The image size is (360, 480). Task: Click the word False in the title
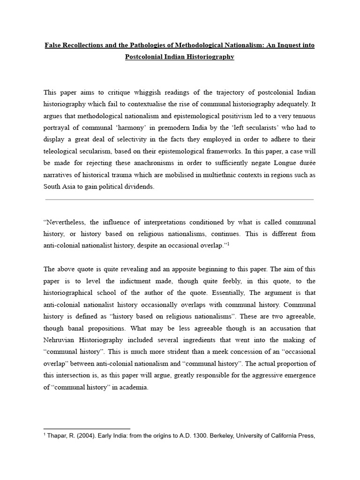pos(54,45)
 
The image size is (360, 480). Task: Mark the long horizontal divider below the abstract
pos(180,200)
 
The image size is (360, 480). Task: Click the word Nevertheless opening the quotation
pos(66,221)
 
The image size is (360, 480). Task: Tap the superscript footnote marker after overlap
pos(228,244)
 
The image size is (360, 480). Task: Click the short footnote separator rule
pos(87,428)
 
